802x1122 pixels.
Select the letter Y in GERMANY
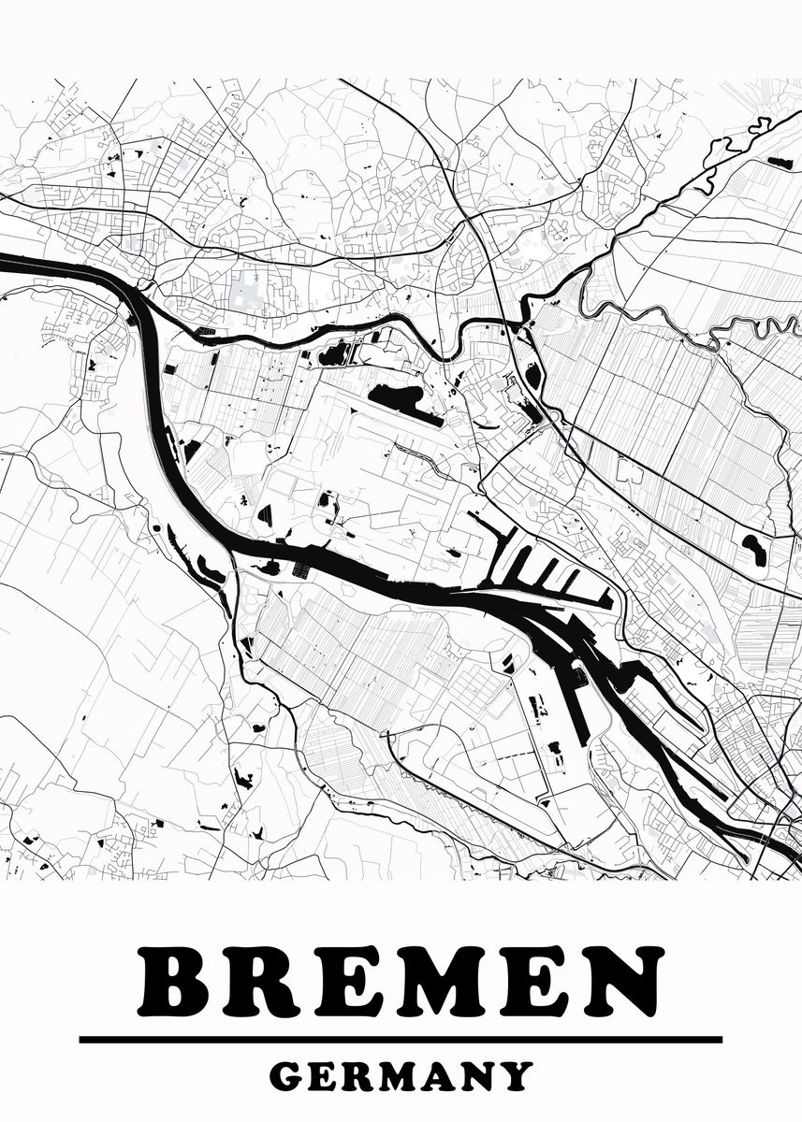point(517,1076)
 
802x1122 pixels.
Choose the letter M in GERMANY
point(397,1076)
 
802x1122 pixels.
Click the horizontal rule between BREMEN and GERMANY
point(401,1039)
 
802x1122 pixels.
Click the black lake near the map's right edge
point(753,550)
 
